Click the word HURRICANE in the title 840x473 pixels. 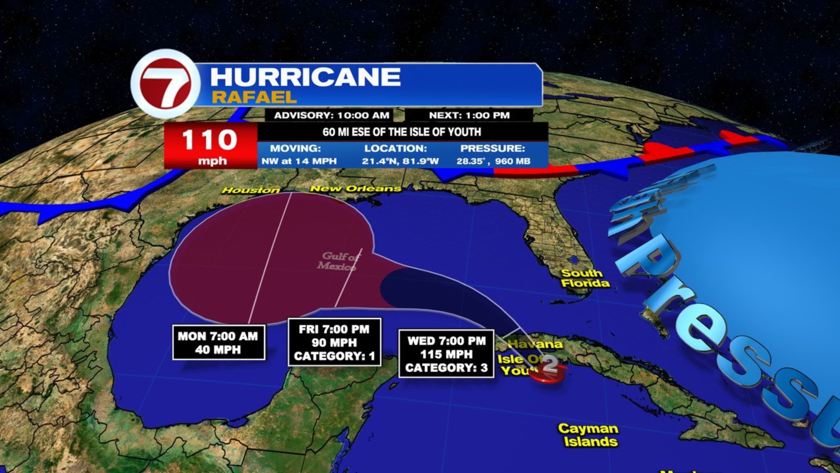point(305,77)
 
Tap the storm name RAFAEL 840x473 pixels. point(254,97)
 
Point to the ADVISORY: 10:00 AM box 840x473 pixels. point(332,115)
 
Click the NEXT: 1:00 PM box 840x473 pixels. point(469,115)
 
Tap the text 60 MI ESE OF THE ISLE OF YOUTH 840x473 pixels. point(402,132)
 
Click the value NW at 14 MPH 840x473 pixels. point(299,161)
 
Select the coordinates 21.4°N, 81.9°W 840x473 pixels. point(400,161)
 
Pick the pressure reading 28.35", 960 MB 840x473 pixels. point(493,161)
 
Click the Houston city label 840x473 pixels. point(251,190)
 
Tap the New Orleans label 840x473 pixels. point(355,189)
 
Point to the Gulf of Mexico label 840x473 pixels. point(339,261)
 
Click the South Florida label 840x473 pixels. point(584,278)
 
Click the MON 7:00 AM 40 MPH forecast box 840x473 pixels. point(218,343)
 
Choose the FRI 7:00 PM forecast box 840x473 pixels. point(334,342)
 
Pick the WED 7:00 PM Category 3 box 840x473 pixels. point(446,354)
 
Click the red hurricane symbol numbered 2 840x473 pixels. point(549,369)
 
